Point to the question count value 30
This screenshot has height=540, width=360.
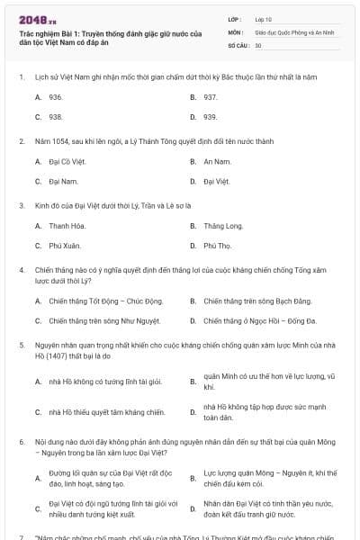(258, 44)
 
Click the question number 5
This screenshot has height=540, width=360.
(22, 344)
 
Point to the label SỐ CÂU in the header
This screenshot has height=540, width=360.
(237, 44)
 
